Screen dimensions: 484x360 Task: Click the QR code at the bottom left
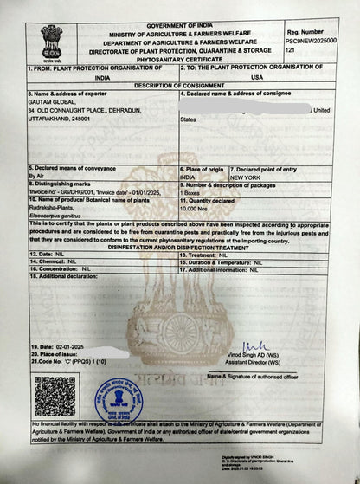(x=55, y=396)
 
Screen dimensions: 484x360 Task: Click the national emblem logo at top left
(x=51, y=41)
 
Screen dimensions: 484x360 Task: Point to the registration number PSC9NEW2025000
(x=309, y=41)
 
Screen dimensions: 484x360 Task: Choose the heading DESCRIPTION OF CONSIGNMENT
(x=179, y=85)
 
